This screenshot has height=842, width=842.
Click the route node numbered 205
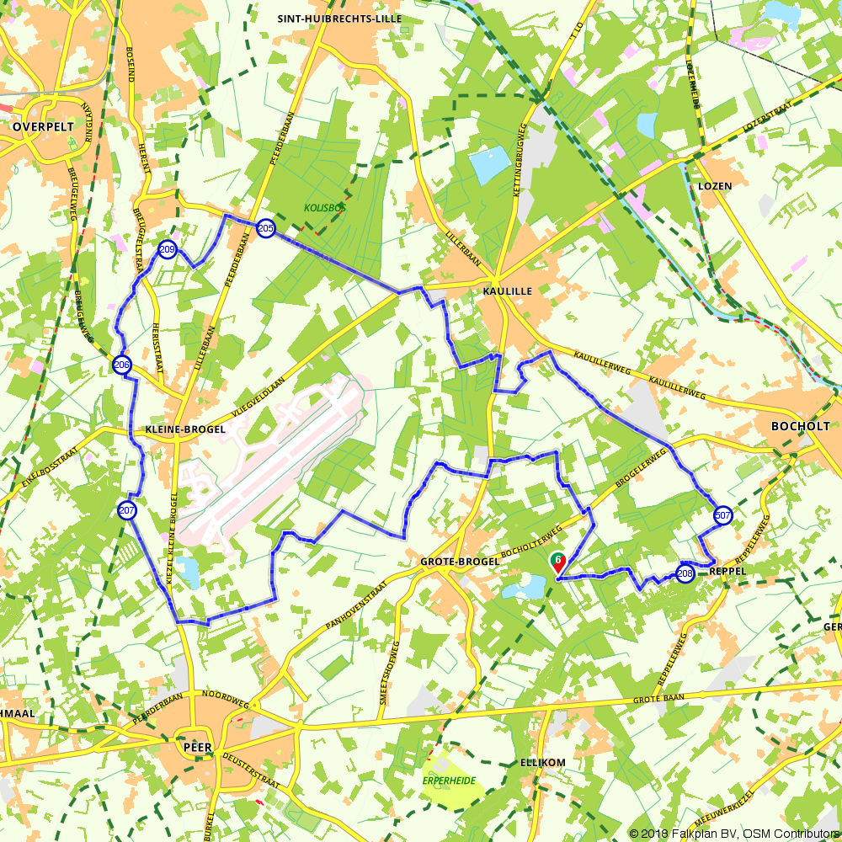[265, 228]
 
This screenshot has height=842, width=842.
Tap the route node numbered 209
[168, 249]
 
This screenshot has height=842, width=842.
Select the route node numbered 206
[121, 365]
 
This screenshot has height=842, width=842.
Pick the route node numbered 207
[126, 510]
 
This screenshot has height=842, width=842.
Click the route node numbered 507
[722, 515]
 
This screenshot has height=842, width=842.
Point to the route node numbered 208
[685, 574]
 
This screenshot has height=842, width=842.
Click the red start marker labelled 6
[557, 561]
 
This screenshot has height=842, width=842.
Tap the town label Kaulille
[508, 290]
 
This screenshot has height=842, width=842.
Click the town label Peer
[197, 746]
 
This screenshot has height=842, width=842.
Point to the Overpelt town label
[43, 126]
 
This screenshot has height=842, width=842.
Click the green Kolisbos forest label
[324, 207]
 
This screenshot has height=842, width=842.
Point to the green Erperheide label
[449, 781]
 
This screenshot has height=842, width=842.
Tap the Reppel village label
[729, 571]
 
